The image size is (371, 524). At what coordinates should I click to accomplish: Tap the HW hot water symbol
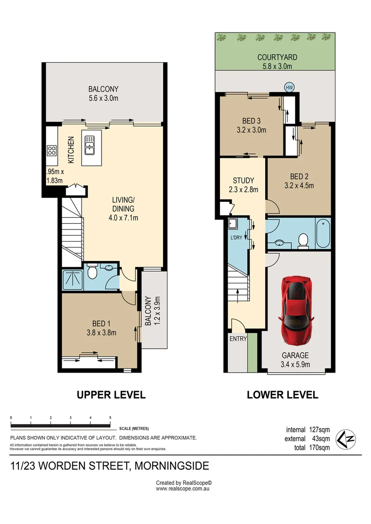[x=289, y=87]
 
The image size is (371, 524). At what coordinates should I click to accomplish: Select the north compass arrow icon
[x=345, y=439]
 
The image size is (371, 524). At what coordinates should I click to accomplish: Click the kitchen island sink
[x=90, y=145]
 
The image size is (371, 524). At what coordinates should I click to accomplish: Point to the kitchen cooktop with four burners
[x=51, y=151]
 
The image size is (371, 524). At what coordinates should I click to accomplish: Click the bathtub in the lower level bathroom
[x=323, y=233]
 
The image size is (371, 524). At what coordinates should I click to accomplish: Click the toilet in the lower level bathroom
[x=303, y=241]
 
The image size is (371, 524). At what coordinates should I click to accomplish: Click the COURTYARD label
[x=277, y=57]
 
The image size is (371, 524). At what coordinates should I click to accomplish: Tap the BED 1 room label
[x=101, y=324]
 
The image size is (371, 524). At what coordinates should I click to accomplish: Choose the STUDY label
[x=244, y=180]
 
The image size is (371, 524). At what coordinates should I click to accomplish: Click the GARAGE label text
[x=295, y=355]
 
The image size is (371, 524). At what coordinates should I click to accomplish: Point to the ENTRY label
[x=238, y=339]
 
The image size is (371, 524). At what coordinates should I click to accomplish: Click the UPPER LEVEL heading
[x=111, y=395]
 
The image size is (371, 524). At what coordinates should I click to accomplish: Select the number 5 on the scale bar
[x=110, y=418]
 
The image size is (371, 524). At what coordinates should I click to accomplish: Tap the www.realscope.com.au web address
[x=183, y=489]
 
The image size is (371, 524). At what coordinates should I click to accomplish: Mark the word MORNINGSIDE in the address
[x=171, y=466]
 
